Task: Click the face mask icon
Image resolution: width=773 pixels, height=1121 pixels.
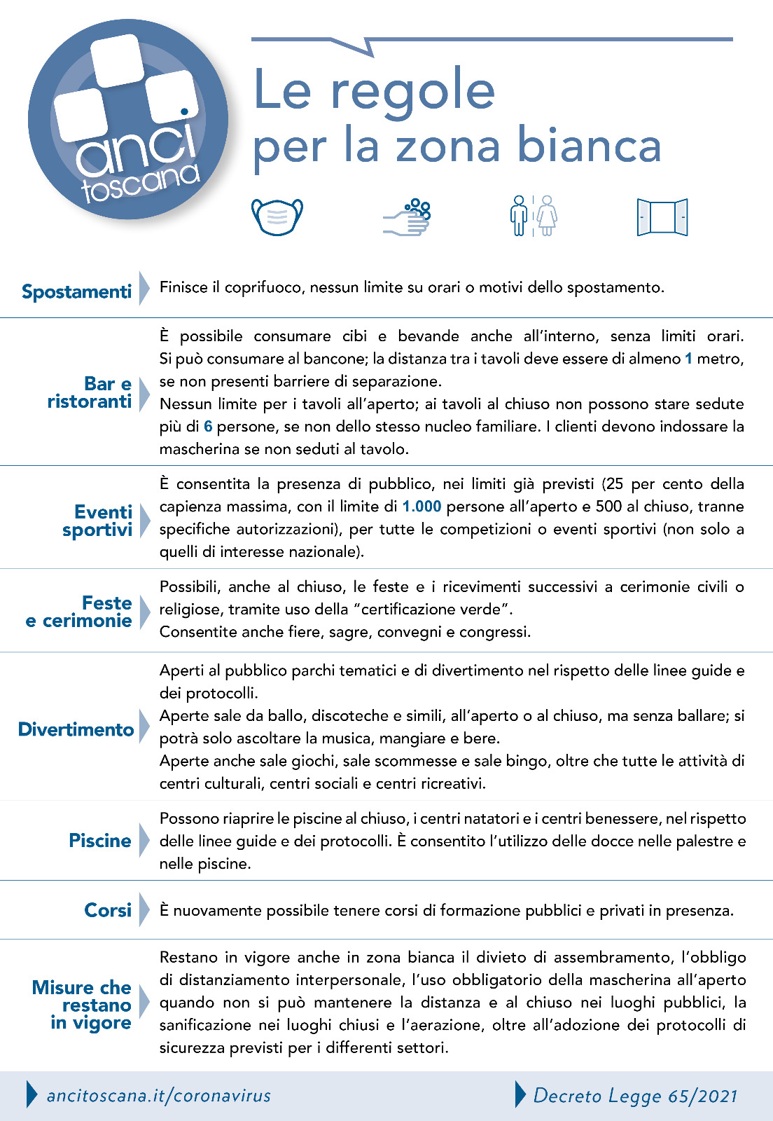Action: click(x=277, y=216)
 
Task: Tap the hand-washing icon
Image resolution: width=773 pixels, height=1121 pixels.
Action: click(x=408, y=217)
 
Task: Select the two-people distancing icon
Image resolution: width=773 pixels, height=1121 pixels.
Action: click(x=534, y=216)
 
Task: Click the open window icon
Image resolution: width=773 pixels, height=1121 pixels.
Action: click(x=662, y=217)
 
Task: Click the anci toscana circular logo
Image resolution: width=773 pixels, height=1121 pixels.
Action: click(x=128, y=120)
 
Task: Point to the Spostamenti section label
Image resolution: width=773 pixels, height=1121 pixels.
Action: click(x=76, y=291)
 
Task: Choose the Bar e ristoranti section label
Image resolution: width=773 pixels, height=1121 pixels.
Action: click(x=90, y=393)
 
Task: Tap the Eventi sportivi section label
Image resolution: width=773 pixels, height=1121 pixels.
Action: click(x=98, y=521)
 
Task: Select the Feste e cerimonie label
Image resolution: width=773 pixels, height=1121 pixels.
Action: click(x=79, y=612)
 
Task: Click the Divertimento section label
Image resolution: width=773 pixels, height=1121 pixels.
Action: click(x=76, y=729)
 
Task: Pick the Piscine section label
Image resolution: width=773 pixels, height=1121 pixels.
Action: click(x=100, y=841)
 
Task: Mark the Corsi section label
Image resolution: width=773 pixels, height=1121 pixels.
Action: click(x=108, y=910)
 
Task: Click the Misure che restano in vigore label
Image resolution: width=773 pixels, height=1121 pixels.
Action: click(x=83, y=1005)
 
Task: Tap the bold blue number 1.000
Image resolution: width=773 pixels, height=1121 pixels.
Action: click(x=422, y=507)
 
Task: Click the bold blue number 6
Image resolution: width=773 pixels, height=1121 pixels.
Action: click(x=208, y=427)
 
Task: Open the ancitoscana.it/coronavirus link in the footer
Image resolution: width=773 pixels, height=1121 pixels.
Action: click(x=158, y=1096)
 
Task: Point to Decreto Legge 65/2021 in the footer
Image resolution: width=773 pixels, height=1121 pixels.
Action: click(x=635, y=1096)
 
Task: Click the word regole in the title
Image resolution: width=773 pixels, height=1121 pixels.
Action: click(x=412, y=91)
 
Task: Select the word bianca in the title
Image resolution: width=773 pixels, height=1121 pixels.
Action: click(x=589, y=146)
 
